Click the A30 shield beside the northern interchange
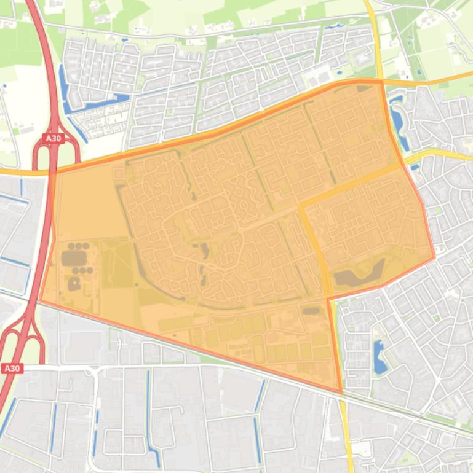pos(54,138)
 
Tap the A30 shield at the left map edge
pos(12,369)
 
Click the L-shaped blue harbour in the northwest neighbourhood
pos(92,102)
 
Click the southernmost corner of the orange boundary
pos(341,392)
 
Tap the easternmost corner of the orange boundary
pos(434,257)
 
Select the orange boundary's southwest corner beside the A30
pos(40,302)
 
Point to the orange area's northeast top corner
pos(381,80)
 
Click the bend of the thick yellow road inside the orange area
pos(302,206)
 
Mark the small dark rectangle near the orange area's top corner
pos(362,88)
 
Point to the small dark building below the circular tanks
pos(74,284)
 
